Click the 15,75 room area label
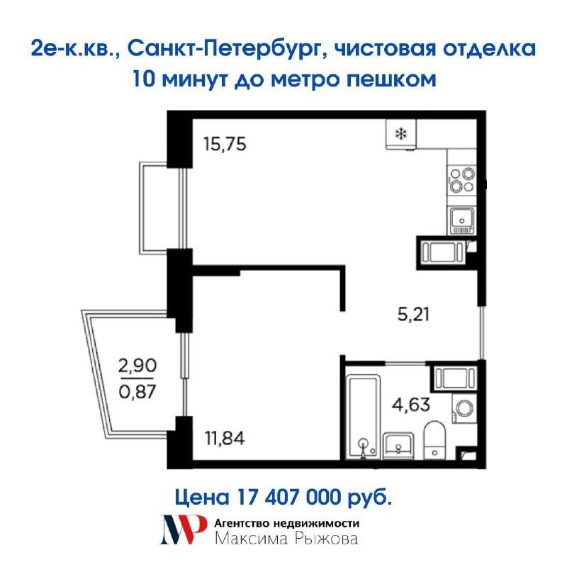pos(225,144)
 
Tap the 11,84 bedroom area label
pos(225,438)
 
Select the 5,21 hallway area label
pos(413,314)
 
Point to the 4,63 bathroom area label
pos(411,405)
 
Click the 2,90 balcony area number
pos(137,365)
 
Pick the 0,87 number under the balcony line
pos(137,391)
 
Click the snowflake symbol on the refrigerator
pos(400,134)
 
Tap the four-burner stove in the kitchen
pos(462,180)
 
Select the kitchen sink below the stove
pos(462,220)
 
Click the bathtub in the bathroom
pos(363,417)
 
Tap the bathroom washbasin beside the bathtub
pos(398,446)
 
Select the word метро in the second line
pos(306,79)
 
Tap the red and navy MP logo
pos(184,529)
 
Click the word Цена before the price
pos(202,498)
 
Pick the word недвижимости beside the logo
pos(316,523)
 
